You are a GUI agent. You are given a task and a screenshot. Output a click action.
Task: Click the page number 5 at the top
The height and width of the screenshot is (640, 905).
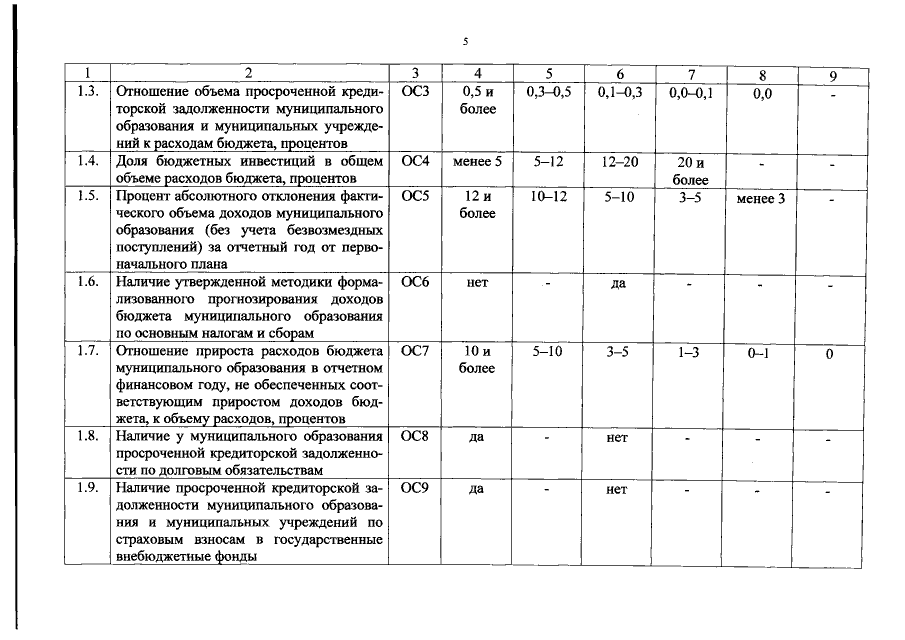465,41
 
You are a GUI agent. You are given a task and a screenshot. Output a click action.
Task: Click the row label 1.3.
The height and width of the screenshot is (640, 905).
87,92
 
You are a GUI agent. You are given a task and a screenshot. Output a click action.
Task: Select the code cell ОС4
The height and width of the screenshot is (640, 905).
414,161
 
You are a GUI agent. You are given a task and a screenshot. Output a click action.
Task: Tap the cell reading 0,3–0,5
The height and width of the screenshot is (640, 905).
548,92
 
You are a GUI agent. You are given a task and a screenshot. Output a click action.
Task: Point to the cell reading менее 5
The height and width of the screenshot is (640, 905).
477,161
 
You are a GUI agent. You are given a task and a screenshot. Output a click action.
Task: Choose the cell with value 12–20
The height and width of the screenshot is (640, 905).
620,161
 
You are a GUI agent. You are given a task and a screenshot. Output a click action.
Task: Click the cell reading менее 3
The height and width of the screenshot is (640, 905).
760,199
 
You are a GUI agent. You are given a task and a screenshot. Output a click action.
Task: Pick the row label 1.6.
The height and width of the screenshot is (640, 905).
87,283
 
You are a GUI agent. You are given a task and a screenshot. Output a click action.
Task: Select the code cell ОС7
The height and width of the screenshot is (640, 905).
414,351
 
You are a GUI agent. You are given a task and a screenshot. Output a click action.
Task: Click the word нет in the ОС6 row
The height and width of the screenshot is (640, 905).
477,283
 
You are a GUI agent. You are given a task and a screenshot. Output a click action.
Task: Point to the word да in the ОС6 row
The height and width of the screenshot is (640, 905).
618,283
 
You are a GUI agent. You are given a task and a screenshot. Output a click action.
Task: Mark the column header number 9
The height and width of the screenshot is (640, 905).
832,75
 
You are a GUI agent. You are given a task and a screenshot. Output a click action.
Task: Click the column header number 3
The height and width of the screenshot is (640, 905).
414,74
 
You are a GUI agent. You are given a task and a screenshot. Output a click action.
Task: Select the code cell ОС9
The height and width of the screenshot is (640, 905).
414,489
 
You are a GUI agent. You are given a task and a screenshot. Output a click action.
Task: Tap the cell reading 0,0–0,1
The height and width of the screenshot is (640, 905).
691,92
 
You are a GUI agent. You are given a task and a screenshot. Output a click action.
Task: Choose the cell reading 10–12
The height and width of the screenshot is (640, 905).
548,197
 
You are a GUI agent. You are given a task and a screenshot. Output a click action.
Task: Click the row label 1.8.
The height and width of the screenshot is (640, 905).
87,437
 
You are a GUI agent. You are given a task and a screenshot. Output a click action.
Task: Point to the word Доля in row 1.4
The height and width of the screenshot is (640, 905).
134,161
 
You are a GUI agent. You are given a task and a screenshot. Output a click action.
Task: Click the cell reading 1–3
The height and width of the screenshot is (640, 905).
688,351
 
